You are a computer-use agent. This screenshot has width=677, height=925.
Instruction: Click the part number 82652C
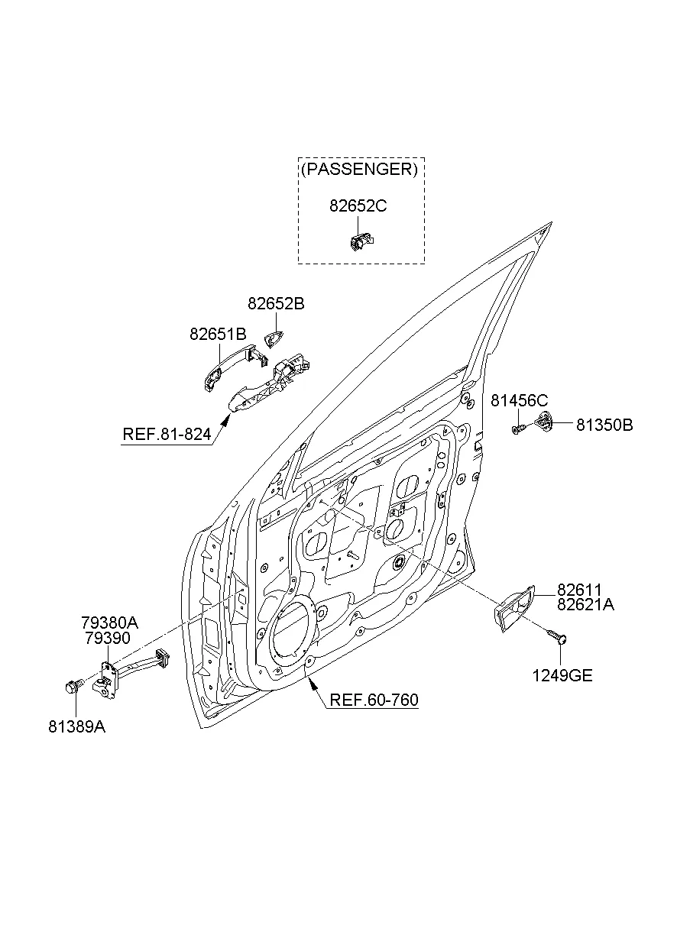click(x=359, y=205)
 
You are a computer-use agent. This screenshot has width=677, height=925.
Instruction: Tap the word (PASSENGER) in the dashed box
click(x=360, y=170)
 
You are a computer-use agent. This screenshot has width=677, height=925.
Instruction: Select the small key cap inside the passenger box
click(x=359, y=241)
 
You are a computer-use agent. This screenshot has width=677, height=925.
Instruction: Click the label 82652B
click(x=276, y=304)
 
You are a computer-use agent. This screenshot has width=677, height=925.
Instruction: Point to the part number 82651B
click(x=218, y=334)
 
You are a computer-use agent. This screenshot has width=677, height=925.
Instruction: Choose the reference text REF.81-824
click(x=166, y=435)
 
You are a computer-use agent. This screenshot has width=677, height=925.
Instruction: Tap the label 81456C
click(x=520, y=400)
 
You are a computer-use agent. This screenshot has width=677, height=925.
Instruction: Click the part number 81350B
click(x=604, y=425)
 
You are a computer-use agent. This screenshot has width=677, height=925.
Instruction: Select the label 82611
click(x=579, y=590)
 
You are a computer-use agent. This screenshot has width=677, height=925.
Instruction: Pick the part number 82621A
click(x=585, y=604)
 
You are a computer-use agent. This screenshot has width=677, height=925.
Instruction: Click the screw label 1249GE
click(x=562, y=675)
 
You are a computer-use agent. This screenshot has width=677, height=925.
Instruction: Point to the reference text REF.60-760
click(x=374, y=700)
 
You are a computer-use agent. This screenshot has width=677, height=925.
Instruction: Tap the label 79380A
click(x=109, y=623)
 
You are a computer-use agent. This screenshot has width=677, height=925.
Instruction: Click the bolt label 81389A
click(x=76, y=727)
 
